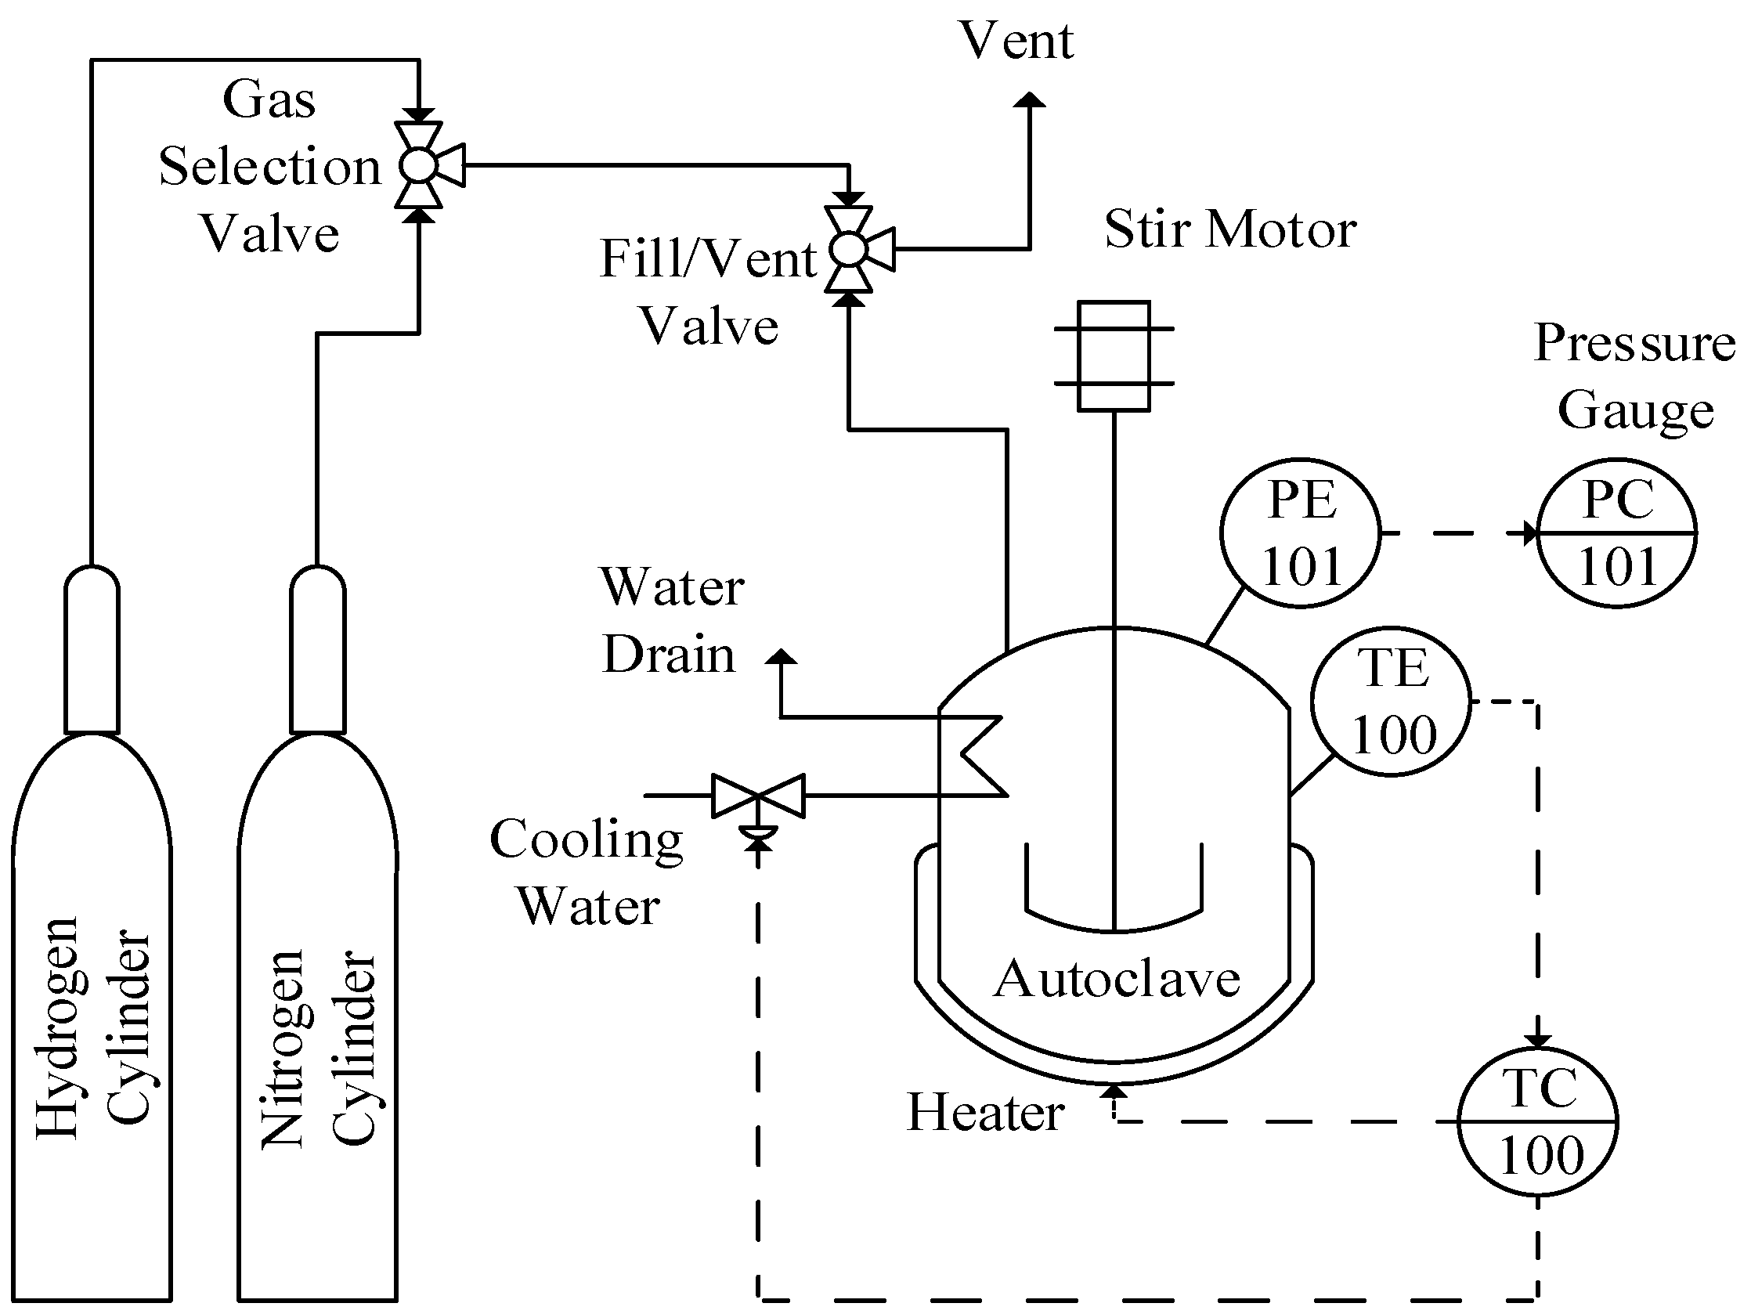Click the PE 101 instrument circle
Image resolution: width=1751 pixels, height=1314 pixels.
[1300, 532]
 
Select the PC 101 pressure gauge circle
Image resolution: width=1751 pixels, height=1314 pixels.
[1616, 532]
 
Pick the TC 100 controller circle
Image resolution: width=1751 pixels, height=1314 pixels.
[1537, 1121]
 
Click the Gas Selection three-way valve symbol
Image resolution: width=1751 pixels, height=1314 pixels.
[420, 165]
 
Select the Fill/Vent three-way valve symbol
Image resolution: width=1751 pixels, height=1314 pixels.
[850, 250]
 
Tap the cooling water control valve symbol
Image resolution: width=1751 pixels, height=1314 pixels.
[758, 796]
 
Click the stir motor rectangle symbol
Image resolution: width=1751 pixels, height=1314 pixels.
[1114, 356]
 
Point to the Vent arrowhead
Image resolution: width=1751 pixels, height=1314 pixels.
[1030, 99]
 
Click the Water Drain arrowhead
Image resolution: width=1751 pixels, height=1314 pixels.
[782, 656]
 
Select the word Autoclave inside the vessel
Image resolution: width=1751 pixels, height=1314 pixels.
[1116, 979]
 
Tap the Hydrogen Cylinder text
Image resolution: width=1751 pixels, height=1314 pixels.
[93, 1029]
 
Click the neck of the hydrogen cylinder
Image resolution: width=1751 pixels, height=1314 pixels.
[92, 649]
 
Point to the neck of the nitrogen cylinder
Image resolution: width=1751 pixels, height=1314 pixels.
[317, 649]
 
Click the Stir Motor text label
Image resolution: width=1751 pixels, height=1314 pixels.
[1230, 229]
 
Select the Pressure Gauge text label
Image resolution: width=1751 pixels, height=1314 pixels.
[1634, 376]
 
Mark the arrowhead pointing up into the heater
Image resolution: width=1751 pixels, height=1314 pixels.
[1114, 1092]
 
